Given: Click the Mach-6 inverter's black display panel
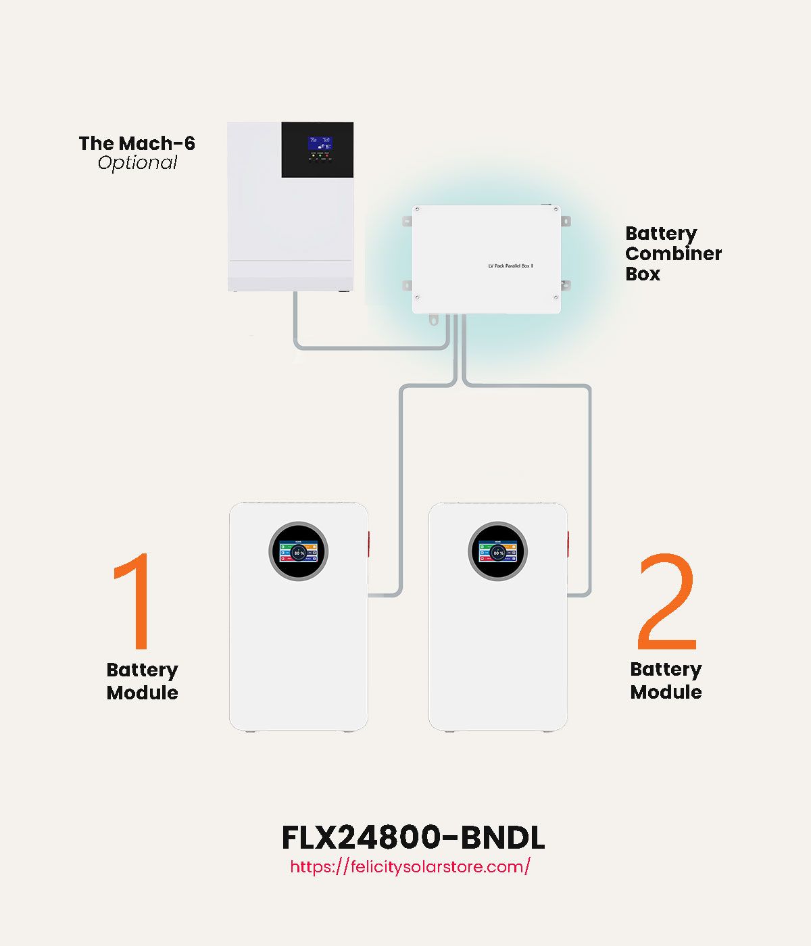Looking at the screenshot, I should click(317, 150).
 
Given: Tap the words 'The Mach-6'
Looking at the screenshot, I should click(137, 143).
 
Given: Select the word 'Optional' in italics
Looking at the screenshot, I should click(137, 163).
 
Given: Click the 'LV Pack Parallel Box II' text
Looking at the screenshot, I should click(511, 266).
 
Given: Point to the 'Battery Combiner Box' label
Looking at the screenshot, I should click(673, 253).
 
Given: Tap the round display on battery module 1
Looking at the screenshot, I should click(299, 551).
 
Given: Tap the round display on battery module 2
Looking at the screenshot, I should click(498, 551).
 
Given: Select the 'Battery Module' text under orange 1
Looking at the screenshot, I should click(143, 681).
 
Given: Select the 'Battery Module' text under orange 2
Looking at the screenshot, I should click(666, 680).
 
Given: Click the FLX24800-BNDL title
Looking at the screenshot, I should click(412, 838).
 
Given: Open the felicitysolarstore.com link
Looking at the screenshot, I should click(410, 866).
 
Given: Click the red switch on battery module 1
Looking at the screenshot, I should click(369, 545).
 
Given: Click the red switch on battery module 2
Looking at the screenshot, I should click(568, 545).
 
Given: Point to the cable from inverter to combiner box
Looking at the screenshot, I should click(372, 347).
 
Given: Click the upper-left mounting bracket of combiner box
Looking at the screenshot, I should click(407, 221).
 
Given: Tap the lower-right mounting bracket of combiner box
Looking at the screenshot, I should click(566, 285).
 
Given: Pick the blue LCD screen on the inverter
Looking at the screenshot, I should click(320, 143).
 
